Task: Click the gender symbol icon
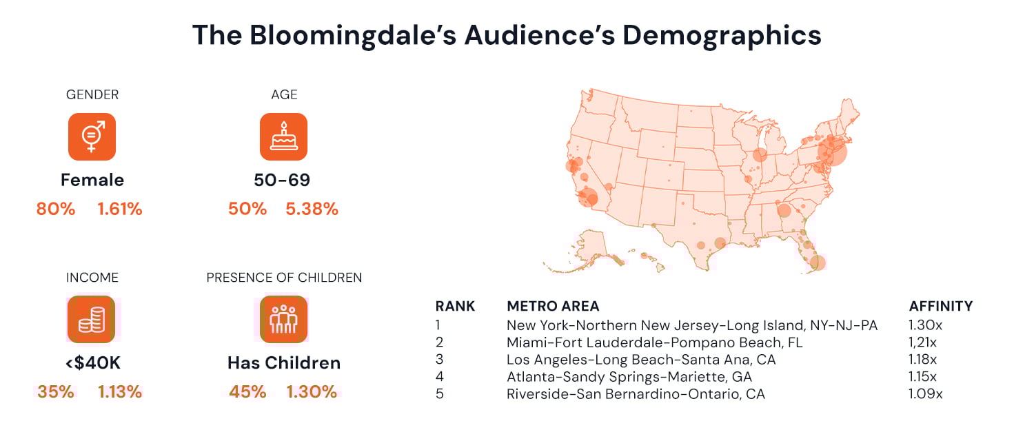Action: (92, 136)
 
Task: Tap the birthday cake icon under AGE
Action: (283, 136)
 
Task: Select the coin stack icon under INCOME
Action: (91, 319)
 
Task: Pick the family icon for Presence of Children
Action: (283, 319)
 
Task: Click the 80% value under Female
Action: (56, 209)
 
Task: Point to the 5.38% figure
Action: (312, 209)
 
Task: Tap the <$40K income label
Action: (92, 362)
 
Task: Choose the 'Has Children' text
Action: (284, 362)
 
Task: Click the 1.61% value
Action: (120, 209)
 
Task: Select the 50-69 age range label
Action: (282, 181)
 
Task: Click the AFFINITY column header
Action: (941, 306)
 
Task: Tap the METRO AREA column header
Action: (553, 306)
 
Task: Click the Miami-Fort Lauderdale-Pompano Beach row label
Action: (654, 342)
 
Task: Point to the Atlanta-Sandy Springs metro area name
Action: (629, 377)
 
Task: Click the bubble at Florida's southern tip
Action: (818, 263)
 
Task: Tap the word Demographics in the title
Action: (722, 35)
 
